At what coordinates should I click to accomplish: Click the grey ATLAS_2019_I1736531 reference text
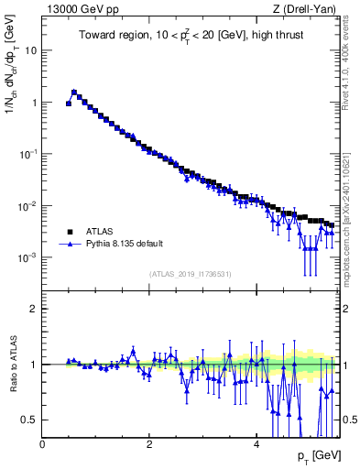click(x=191, y=274)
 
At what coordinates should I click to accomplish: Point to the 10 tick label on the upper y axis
click(x=30, y=51)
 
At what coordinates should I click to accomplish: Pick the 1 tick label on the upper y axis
click(x=34, y=103)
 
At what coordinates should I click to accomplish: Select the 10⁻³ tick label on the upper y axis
click(x=27, y=257)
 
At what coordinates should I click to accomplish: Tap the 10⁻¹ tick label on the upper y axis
click(x=27, y=154)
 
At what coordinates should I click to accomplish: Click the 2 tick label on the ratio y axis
click(x=34, y=309)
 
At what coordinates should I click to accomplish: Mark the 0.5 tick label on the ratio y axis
click(x=30, y=420)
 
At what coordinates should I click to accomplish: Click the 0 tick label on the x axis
click(x=43, y=444)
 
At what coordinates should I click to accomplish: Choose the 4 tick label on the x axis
click(x=256, y=444)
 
